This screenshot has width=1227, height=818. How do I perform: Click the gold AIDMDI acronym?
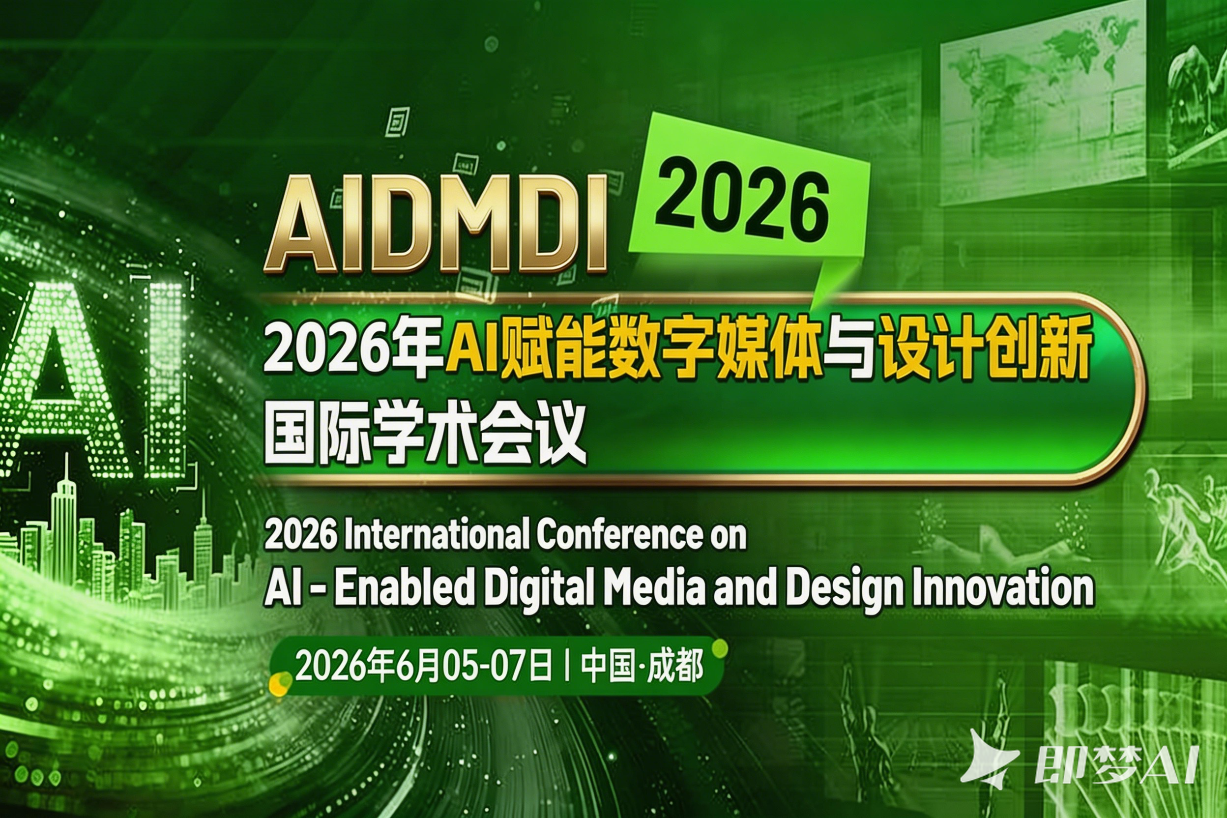tap(436, 224)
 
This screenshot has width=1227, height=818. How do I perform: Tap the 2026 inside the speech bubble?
tap(741, 205)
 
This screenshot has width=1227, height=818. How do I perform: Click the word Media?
tap(655, 588)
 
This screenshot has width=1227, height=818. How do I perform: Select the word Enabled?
tap(404, 588)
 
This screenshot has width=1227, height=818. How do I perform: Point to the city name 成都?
tap(675, 666)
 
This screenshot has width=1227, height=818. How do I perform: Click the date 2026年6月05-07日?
tap(423, 666)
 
